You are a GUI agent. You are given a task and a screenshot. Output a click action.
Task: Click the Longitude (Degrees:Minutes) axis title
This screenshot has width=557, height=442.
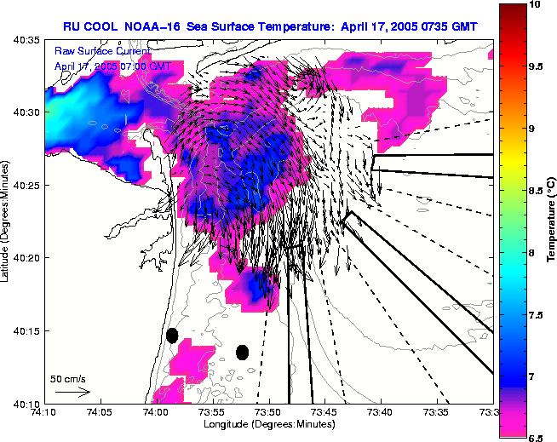coord(267,424)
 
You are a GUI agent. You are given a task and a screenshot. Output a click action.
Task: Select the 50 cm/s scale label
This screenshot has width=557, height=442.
coord(68,379)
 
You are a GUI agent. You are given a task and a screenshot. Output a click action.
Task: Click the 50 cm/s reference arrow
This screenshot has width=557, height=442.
coord(72,392)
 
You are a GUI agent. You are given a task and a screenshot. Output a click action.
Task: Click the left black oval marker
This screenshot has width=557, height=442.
coord(172,336)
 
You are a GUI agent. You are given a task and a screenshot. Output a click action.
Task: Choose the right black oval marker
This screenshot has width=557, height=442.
coord(242,352)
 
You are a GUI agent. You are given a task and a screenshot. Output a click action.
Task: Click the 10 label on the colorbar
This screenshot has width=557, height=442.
coord(535,4)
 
